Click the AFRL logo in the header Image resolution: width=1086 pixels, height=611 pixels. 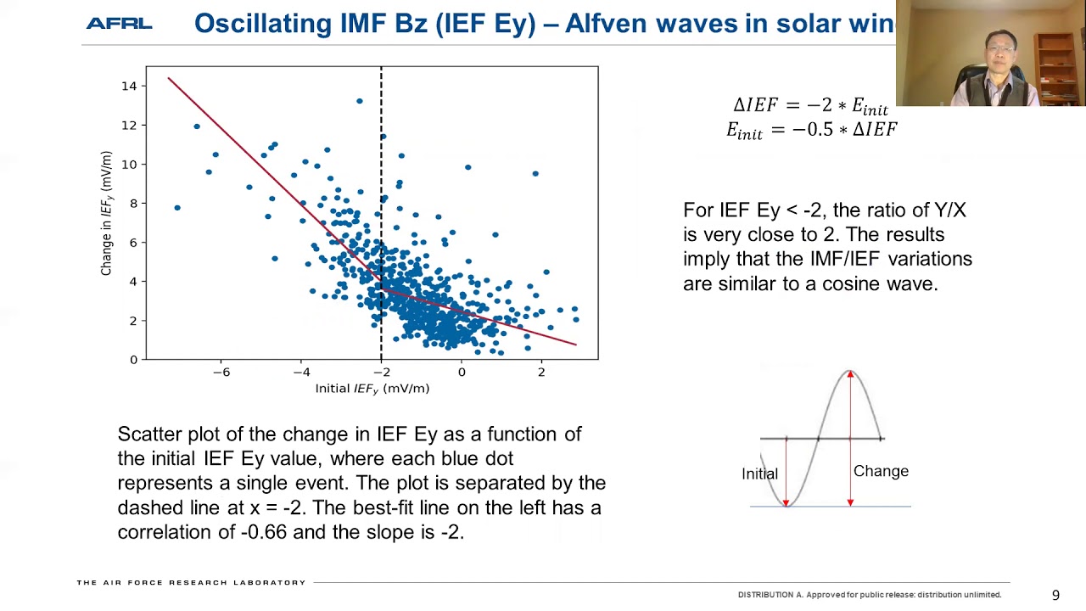(119, 24)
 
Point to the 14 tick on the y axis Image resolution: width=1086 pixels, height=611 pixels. (129, 86)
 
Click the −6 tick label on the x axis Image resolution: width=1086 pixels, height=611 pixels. (221, 373)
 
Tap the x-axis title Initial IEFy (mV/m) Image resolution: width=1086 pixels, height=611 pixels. (372, 389)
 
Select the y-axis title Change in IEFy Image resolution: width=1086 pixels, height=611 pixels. (106, 213)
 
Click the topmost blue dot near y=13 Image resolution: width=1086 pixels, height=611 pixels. (360, 101)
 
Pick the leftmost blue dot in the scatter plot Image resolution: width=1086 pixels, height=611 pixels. (177, 208)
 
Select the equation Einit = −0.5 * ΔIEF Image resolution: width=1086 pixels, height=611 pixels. (811, 131)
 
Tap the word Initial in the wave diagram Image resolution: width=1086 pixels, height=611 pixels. (759, 474)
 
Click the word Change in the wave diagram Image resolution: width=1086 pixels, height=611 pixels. (881, 472)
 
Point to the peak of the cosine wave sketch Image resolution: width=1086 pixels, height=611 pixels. (849, 372)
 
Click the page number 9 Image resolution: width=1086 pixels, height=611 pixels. (1056, 596)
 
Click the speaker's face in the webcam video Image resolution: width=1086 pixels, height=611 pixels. (1000, 53)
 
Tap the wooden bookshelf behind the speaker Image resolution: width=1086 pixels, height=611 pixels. (1057, 67)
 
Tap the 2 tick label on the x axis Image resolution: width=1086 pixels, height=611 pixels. (541, 373)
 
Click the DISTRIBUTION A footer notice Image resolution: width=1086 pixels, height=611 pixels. (869, 595)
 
